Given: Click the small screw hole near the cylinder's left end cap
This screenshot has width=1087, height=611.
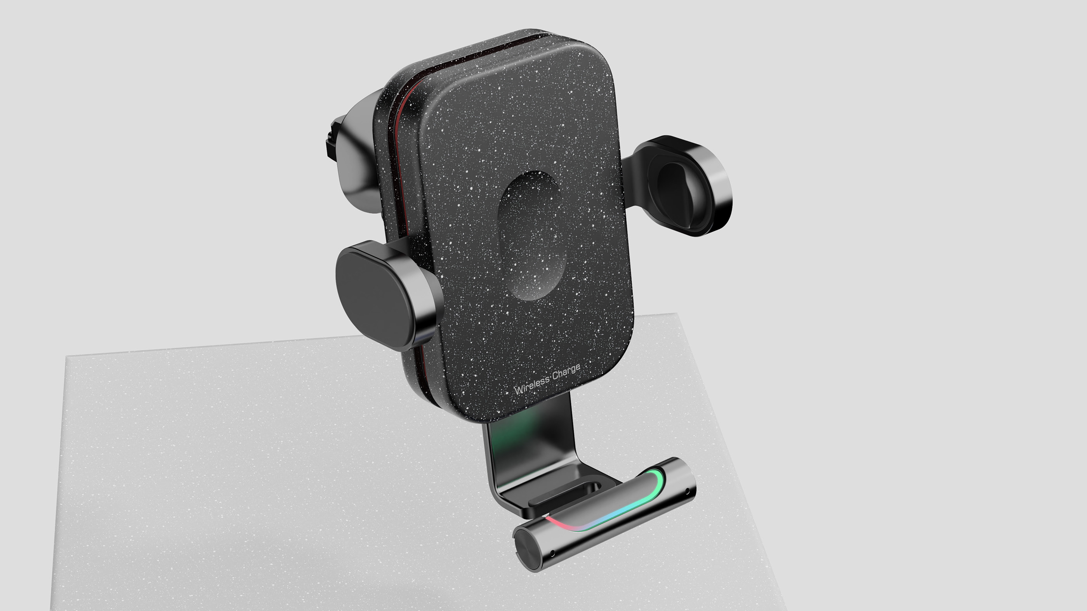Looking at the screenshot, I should coord(552,553).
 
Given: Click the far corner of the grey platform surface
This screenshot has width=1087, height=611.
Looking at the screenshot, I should coord(675,314).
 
